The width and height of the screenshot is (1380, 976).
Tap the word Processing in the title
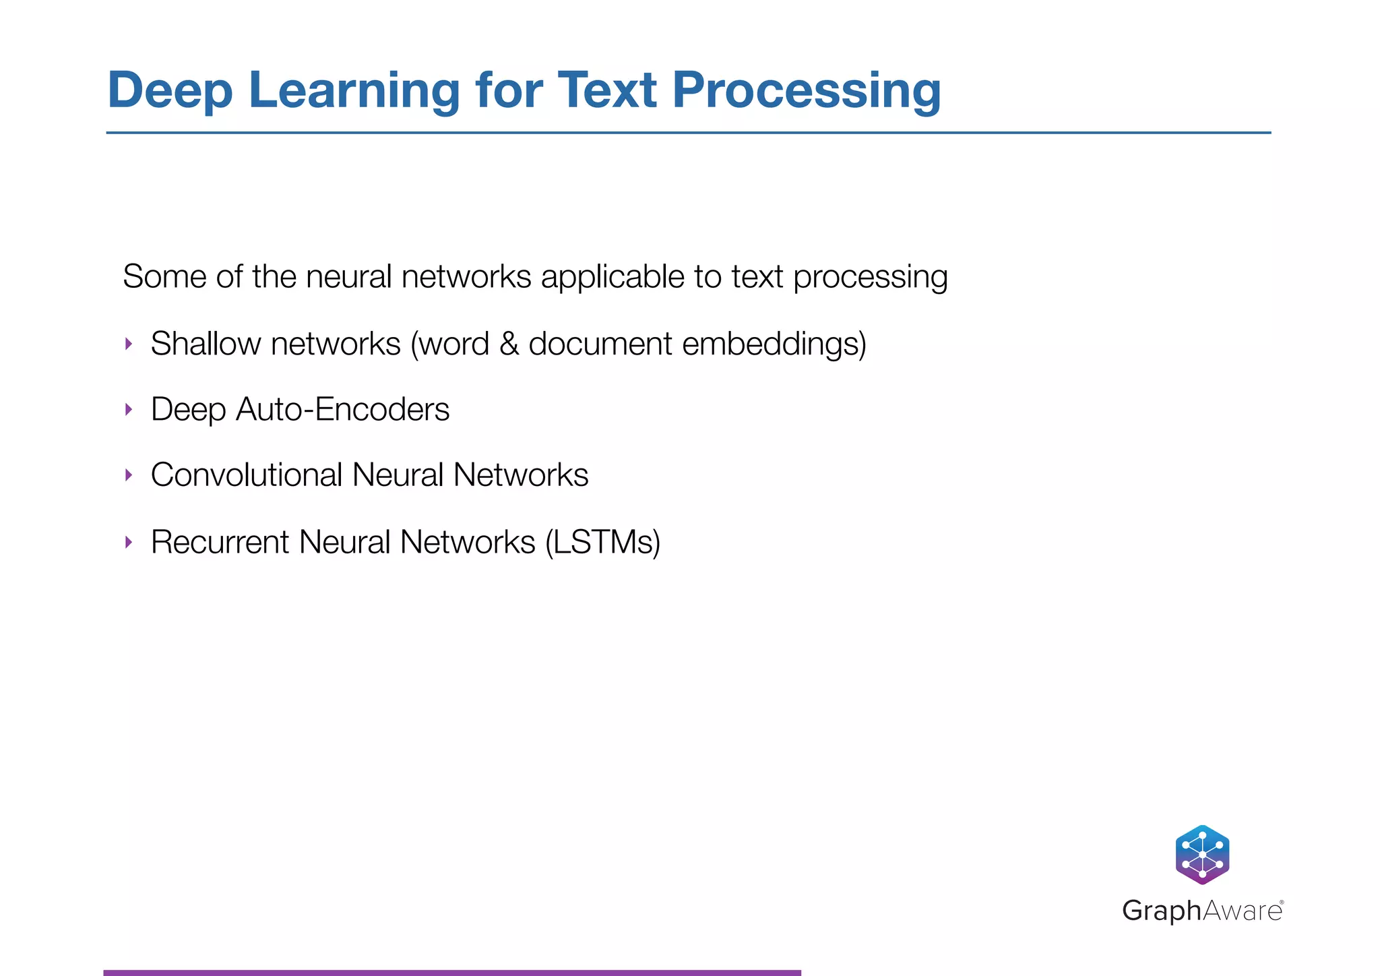(x=806, y=91)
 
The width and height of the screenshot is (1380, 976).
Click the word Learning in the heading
(x=354, y=91)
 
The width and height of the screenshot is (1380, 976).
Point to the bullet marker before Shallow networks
(x=129, y=344)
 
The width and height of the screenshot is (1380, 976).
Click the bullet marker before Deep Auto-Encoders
(x=129, y=410)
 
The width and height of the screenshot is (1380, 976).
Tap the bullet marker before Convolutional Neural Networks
(x=129, y=475)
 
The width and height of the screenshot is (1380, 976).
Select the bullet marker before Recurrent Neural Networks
(x=129, y=542)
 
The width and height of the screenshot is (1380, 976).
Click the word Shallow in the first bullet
(x=206, y=344)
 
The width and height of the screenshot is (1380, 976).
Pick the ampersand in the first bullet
(x=509, y=344)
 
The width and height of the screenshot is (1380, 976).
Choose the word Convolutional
(x=247, y=475)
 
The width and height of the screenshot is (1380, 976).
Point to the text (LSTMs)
(x=602, y=542)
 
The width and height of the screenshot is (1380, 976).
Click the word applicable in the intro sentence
(x=613, y=277)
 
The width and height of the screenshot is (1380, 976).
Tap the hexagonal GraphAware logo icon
(x=1202, y=854)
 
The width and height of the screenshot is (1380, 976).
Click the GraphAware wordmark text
(x=1202, y=911)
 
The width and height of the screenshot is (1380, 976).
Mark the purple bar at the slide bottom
(x=451, y=972)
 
